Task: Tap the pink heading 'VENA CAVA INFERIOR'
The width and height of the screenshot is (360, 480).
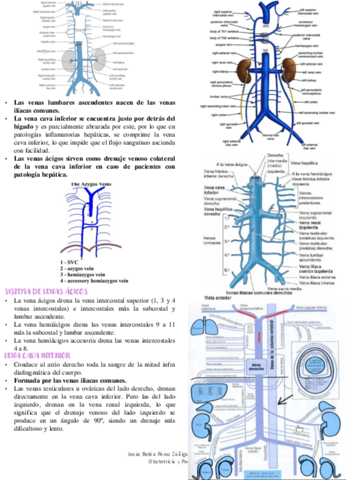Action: click(37, 355)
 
